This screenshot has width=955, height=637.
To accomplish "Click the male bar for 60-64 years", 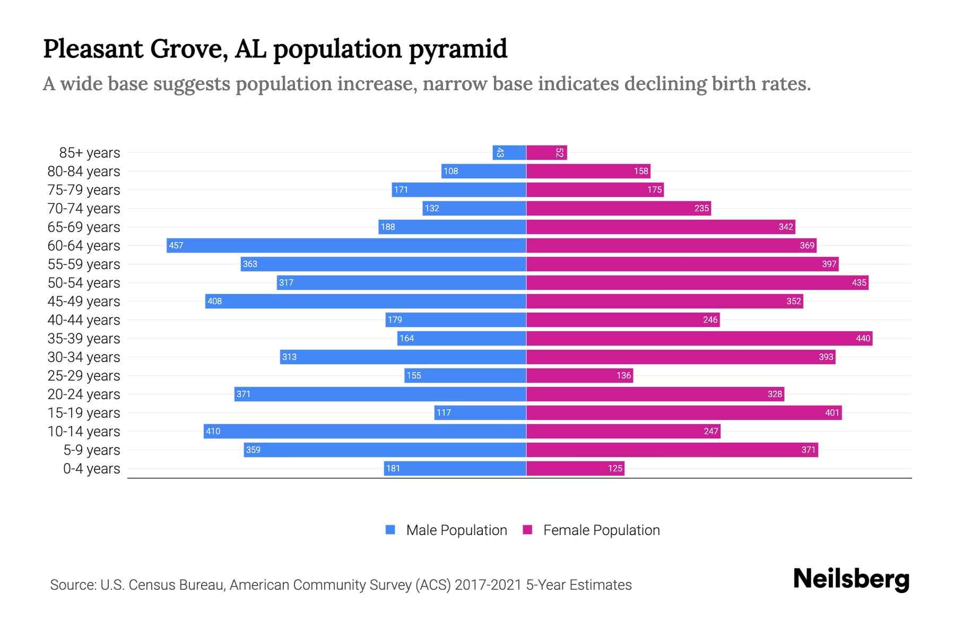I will [346, 245].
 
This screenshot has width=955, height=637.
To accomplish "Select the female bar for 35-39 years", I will [699, 338].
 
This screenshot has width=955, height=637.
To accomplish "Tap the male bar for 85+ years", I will [509, 153].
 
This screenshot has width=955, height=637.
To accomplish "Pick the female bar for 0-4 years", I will [575, 468].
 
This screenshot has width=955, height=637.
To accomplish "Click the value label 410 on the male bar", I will [213, 431].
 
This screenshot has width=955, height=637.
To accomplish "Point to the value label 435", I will [859, 282].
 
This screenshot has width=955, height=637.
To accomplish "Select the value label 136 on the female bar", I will [623, 375].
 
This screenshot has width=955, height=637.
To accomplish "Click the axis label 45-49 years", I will [84, 302].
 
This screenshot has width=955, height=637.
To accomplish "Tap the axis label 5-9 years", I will [91, 450].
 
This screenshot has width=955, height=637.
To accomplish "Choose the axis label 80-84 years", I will [84, 171].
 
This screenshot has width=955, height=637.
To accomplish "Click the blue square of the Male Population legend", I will [390, 530].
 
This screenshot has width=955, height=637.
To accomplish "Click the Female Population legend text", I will [601, 530].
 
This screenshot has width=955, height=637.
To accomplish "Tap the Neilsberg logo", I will [851, 579].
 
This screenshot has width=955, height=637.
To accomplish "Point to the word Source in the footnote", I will [73, 585].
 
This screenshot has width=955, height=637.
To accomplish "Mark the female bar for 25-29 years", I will [579, 375].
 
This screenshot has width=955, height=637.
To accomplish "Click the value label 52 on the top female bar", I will [559, 153].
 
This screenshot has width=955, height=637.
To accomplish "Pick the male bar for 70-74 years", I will [474, 208].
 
